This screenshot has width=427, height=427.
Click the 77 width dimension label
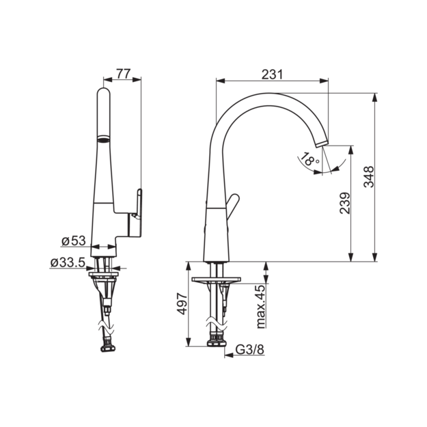click(124, 74)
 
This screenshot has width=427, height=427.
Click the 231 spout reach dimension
click(272, 74)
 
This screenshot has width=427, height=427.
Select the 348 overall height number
click(369, 177)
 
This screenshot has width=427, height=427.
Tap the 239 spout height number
click(345, 203)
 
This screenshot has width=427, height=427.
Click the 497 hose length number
click(182, 304)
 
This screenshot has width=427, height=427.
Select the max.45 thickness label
click(261, 307)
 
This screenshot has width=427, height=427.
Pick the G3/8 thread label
click(250, 349)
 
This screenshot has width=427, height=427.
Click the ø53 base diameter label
click(74, 240)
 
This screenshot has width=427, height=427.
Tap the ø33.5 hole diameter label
click(68, 263)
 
